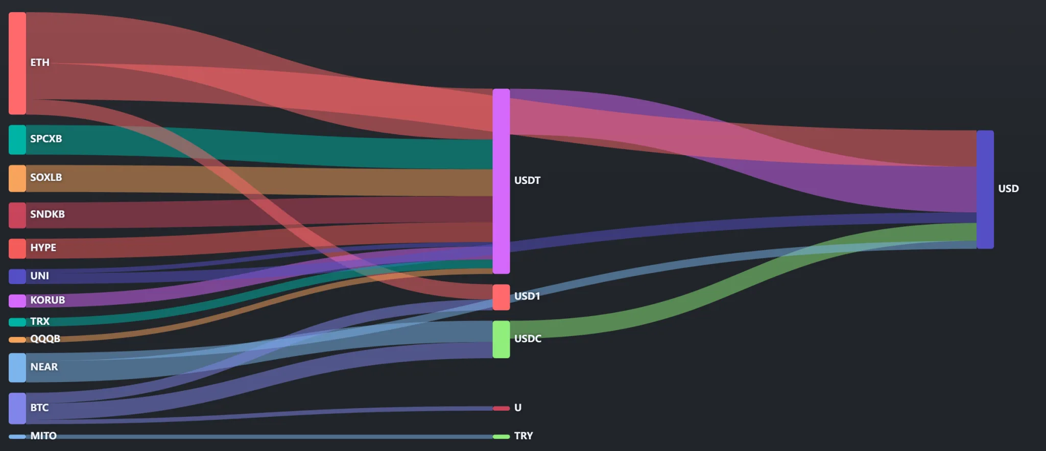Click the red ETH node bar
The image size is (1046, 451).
(17, 63)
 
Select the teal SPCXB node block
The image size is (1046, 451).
(17, 139)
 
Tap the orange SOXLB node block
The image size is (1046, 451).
(17, 178)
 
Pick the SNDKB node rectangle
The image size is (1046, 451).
(17, 215)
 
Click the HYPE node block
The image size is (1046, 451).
(17, 248)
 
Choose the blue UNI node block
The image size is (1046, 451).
(17, 276)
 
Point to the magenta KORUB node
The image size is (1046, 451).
(17, 300)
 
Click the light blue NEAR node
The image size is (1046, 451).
(17, 368)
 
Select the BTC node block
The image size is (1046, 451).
(17, 408)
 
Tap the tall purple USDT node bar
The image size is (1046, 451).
(501, 181)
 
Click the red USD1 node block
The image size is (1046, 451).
(501, 297)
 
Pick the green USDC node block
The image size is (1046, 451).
(501, 339)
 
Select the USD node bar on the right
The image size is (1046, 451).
(985, 189)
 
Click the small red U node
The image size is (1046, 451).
(501, 408)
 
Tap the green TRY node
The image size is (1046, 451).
(501, 437)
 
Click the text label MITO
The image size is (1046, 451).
(43, 436)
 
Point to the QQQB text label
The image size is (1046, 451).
(45, 339)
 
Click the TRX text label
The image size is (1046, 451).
(40, 321)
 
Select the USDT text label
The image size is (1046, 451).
(527, 180)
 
